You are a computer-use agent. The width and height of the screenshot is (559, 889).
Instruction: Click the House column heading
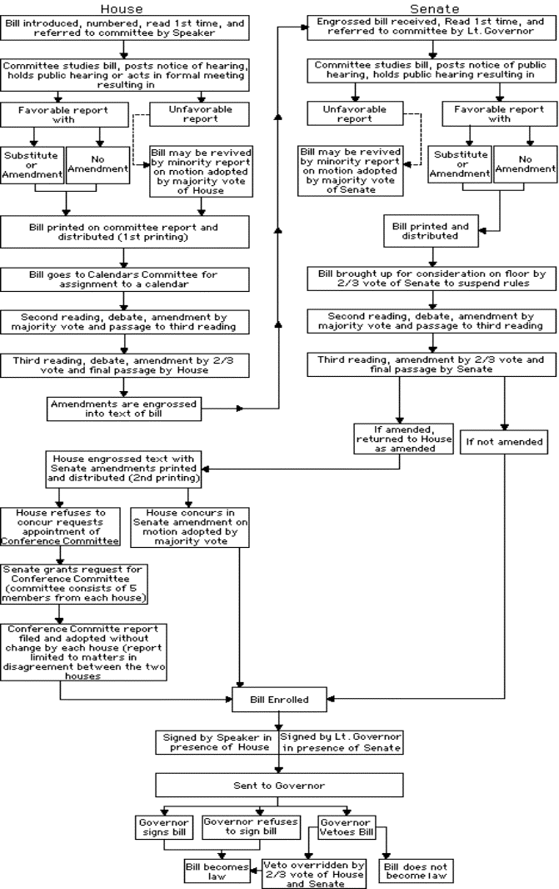[121, 8]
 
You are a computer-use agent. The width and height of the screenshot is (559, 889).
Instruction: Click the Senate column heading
[434, 8]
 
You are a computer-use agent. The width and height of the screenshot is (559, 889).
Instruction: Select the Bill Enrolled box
[279, 700]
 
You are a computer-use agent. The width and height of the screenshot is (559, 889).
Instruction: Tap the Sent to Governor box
[279, 786]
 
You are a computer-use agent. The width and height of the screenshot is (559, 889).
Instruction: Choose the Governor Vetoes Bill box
[347, 827]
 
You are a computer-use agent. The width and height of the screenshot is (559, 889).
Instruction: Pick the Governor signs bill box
[163, 827]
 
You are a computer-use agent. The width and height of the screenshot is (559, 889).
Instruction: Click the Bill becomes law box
[217, 871]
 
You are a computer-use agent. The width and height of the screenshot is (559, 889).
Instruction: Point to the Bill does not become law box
[416, 871]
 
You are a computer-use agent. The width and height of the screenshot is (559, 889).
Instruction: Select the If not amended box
[504, 442]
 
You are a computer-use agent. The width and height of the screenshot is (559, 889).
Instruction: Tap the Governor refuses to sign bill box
[251, 827]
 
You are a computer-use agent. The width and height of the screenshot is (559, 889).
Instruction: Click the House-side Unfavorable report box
[200, 114]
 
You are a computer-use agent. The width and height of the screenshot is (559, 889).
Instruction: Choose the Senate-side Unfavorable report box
[355, 113]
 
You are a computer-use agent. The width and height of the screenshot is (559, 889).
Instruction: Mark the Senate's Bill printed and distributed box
[431, 231]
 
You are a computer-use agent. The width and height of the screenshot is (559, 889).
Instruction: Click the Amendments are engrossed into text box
[123, 409]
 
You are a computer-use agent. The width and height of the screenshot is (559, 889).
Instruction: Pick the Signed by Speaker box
[217, 742]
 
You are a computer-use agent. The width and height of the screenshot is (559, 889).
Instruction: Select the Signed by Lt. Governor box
[341, 742]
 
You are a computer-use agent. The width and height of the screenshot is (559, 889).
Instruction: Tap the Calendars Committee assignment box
[124, 279]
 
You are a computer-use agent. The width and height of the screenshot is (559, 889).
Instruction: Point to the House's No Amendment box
[97, 164]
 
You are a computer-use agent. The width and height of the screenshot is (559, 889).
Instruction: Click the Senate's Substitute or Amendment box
[460, 163]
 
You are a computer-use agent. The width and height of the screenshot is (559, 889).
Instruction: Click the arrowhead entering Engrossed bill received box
[303, 26]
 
